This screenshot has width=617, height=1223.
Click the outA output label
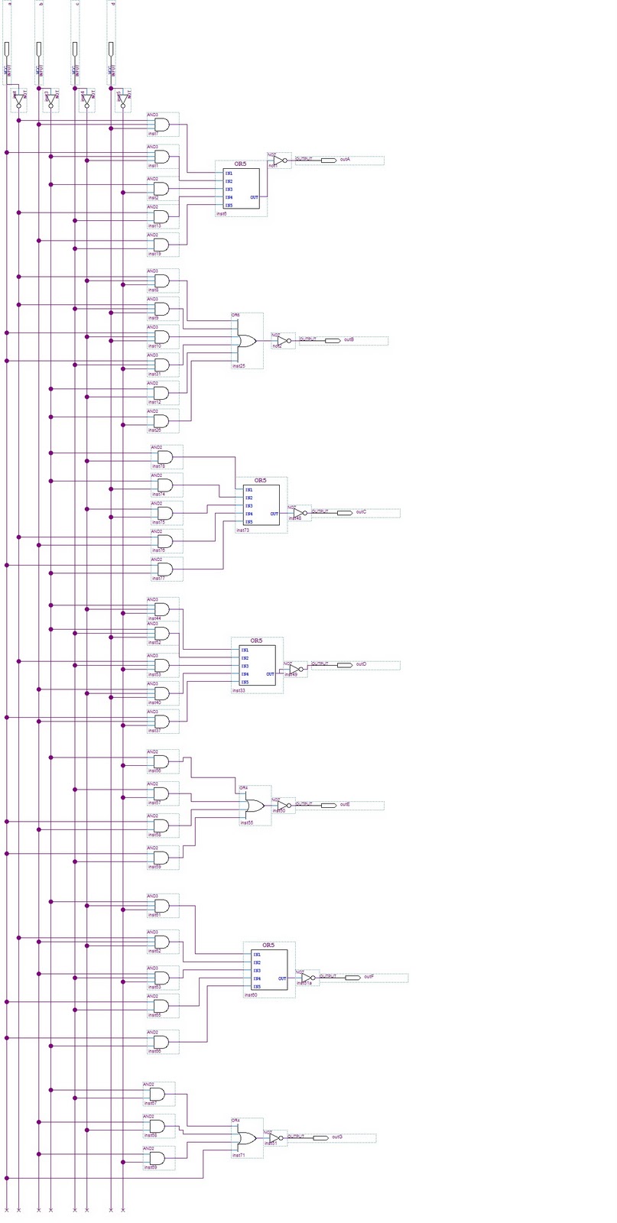coord(345,160)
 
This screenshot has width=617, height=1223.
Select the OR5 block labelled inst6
coord(241,189)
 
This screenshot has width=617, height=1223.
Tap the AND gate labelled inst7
coord(162,124)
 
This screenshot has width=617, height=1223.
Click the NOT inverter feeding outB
coord(283,339)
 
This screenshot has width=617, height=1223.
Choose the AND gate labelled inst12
coord(162,393)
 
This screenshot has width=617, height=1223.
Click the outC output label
coord(361,512)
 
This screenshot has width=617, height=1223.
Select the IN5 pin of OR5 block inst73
coord(249,522)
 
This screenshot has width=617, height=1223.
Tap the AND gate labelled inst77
coord(165,569)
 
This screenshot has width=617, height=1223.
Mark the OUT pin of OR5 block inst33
coord(270,674)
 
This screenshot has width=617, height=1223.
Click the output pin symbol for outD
coord(344,665)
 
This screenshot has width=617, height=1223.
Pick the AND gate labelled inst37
coord(162,722)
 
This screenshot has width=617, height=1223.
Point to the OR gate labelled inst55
coord(254,806)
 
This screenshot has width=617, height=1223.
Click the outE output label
coord(345,805)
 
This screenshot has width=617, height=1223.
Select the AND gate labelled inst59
coord(162,858)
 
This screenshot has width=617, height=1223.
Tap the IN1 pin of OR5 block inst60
coord(257,955)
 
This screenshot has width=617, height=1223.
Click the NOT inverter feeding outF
coord(307,978)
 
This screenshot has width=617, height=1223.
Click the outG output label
coord(337,1137)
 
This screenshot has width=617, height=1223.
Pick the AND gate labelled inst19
coord(162,245)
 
